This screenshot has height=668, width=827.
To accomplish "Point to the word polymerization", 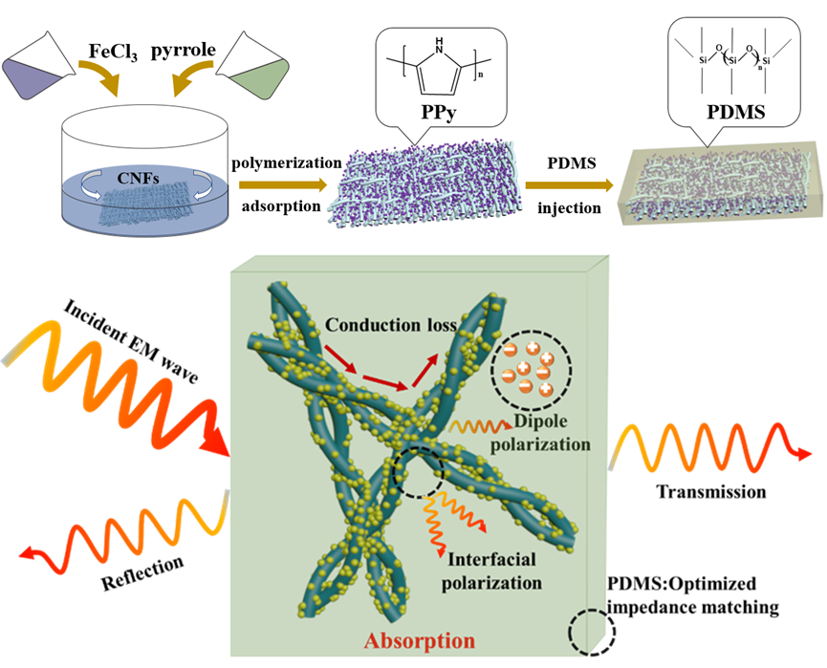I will (284, 162).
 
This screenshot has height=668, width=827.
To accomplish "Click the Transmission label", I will (710, 492).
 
